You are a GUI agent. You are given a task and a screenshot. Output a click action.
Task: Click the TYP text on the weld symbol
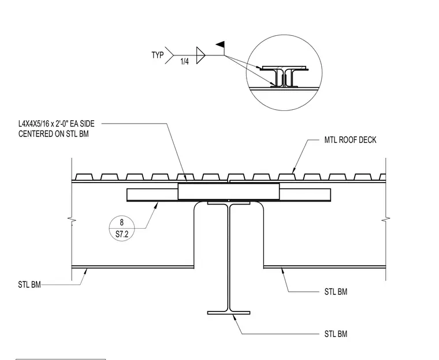click(x=158, y=55)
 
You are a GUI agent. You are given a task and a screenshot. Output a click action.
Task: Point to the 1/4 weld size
click(x=184, y=62)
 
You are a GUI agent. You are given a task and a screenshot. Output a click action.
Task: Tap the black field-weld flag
click(x=220, y=44)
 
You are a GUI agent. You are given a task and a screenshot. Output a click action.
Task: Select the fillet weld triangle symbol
click(x=201, y=55)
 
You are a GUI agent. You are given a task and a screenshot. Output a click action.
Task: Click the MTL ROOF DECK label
click(x=350, y=140)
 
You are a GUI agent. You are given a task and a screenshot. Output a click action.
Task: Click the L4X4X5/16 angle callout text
click(x=56, y=124)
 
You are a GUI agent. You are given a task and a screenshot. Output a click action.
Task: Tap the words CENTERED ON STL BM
click(x=54, y=134)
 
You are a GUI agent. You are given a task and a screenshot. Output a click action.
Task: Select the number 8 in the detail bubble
click(x=121, y=222)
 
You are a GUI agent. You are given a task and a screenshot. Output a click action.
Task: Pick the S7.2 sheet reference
click(x=122, y=234)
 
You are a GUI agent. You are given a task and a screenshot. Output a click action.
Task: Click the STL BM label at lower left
click(x=29, y=285)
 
